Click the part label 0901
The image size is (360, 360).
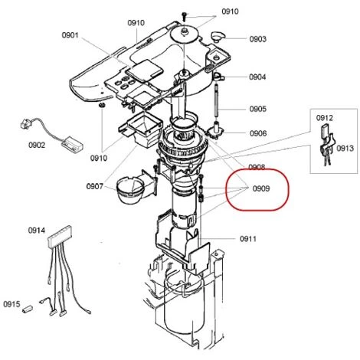click(70, 35)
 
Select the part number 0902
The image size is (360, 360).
click(37, 145)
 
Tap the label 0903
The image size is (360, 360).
click(258, 39)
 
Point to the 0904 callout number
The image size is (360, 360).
click(257, 77)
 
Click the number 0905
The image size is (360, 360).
click(258, 109)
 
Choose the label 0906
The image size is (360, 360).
click(258, 133)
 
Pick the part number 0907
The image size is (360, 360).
click(95, 186)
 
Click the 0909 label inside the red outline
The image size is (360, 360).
click(261, 188)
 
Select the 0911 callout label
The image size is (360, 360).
click(248, 239)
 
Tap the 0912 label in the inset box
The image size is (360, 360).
click(325, 118)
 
